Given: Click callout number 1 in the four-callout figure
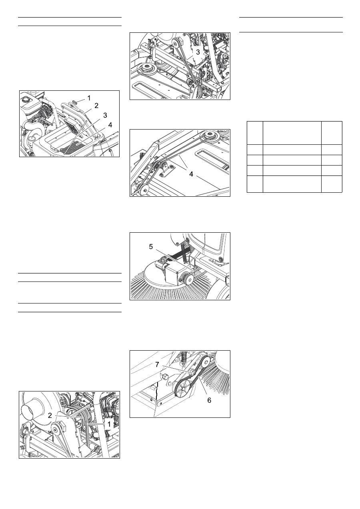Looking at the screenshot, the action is click(89, 98).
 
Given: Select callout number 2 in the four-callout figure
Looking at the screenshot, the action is click(96, 106).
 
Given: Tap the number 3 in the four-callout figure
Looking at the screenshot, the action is click(105, 116).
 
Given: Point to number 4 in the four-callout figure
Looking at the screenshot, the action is click(110, 125).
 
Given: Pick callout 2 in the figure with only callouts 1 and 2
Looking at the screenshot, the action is click(50, 415).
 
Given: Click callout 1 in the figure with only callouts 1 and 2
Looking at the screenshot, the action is click(109, 424).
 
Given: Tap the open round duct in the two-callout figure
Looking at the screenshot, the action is click(28, 409).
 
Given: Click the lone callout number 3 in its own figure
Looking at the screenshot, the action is click(198, 52).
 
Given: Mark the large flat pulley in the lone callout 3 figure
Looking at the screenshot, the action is click(146, 68).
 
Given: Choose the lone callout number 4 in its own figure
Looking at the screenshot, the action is click(191, 174).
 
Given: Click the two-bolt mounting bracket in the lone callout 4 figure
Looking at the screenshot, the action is click(166, 169).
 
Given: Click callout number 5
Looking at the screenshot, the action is click(151, 247).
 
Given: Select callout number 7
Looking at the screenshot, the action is click(157, 365).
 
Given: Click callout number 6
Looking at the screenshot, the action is click(209, 400).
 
